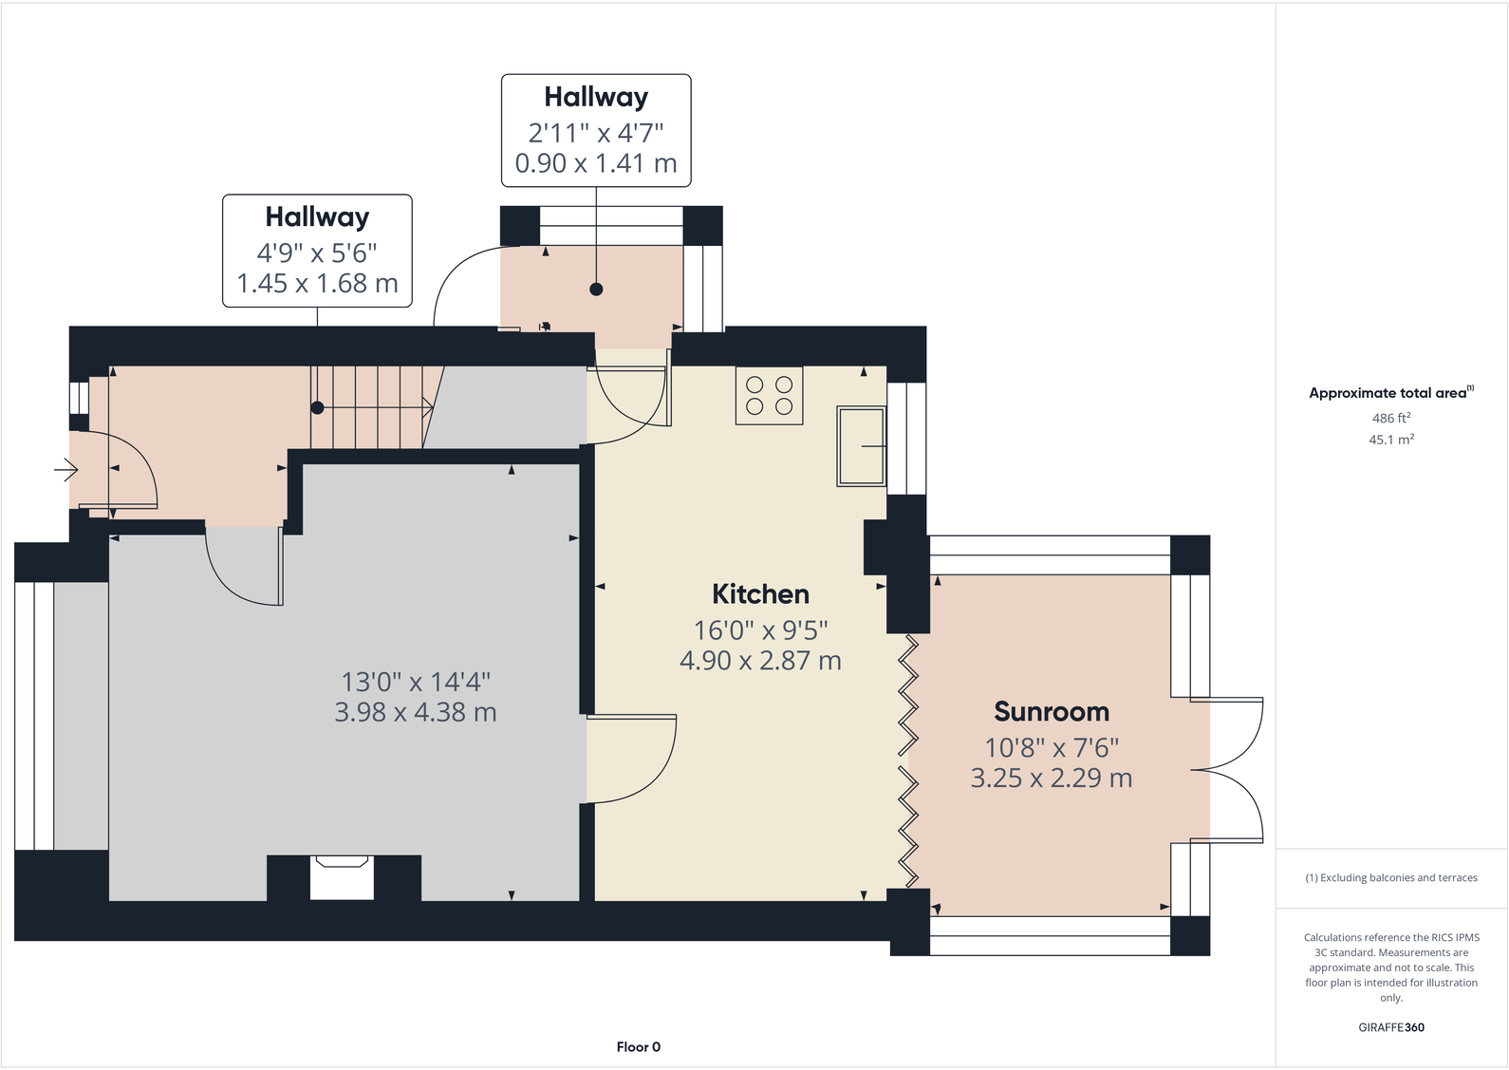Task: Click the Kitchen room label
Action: click(x=760, y=594)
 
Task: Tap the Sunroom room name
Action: click(x=1051, y=712)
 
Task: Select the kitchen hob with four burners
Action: click(x=769, y=396)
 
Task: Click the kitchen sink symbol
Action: click(x=861, y=445)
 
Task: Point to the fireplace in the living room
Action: click(x=342, y=877)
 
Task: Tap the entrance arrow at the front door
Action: click(x=65, y=469)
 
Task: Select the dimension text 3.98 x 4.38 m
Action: click(x=415, y=712)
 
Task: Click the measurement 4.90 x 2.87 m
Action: click(x=760, y=661)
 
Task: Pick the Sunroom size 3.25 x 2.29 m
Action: click(x=1051, y=779)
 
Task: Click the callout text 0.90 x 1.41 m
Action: click(x=596, y=163)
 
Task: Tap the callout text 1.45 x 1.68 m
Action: click(x=317, y=283)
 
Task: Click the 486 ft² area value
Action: click(x=1390, y=418)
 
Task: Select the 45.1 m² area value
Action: click(x=1390, y=440)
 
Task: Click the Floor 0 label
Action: click(x=638, y=1046)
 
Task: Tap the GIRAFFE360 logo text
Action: click(x=1390, y=1027)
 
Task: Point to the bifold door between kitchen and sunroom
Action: click(x=908, y=760)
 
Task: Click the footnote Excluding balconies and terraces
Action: click(x=1390, y=877)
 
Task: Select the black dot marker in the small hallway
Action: click(x=596, y=290)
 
